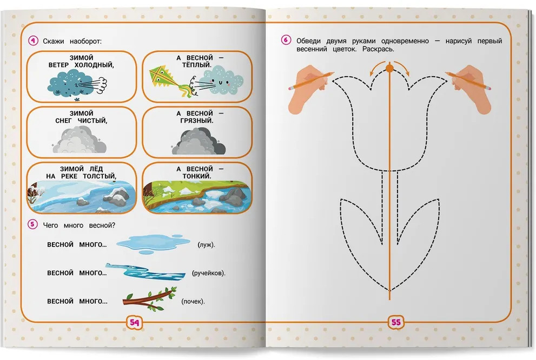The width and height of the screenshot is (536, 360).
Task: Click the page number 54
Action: pyautogui.click(x=134, y=322)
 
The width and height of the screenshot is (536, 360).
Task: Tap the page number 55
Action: pyautogui.click(x=395, y=322)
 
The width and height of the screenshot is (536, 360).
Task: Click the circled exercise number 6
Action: pyautogui.click(x=286, y=40)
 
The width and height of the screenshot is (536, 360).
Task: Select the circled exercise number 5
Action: pyautogui.click(x=32, y=224)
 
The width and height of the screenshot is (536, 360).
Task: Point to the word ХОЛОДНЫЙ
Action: pyautogui.click(x=94, y=65)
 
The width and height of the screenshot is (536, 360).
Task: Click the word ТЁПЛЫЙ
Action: pyautogui.click(x=196, y=65)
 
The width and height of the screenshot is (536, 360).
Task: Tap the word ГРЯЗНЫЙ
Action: pyautogui.click(x=197, y=121)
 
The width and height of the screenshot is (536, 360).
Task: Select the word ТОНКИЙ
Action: pyautogui.click(x=197, y=176)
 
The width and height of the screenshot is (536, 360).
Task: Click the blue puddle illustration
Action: pyautogui.click(x=153, y=244)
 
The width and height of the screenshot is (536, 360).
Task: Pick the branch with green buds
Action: pyautogui.click(x=150, y=298)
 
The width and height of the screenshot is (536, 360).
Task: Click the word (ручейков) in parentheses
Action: pyautogui.click(x=209, y=274)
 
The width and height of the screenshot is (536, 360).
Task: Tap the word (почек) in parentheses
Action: pyautogui.click(x=193, y=301)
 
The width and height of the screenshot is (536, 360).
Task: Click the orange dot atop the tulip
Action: pyautogui.click(x=389, y=69)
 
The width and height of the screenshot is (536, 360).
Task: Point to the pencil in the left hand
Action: pyautogui.click(x=311, y=81)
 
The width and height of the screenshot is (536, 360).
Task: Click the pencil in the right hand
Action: pyautogui.click(x=468, y=81)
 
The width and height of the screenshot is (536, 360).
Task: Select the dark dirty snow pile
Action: pyautogui.click(x=198, y=141)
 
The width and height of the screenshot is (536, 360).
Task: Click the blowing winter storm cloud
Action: pyautogui.click(x=77, y=84)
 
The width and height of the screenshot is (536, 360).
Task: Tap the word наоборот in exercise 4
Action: pyautogui.click(x=85, y=41)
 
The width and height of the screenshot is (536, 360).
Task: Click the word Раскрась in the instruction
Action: pyautogui.click(x=378, y=49)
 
